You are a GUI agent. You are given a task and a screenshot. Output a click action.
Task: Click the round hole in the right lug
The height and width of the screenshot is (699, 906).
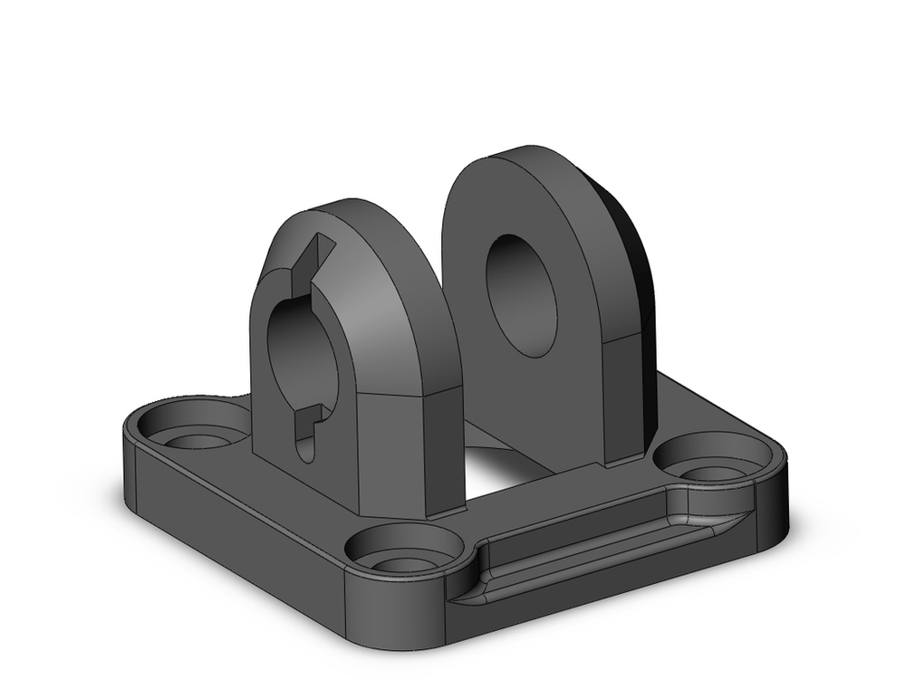[x=521, y=295]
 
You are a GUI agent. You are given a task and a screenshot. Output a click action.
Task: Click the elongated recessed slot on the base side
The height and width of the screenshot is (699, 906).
[x=598, y=552]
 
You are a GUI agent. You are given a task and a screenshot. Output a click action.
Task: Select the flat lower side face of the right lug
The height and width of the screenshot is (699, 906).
[x=625, y=398]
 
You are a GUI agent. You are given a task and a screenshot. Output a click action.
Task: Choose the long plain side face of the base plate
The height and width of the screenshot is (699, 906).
[x=236, y=534]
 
